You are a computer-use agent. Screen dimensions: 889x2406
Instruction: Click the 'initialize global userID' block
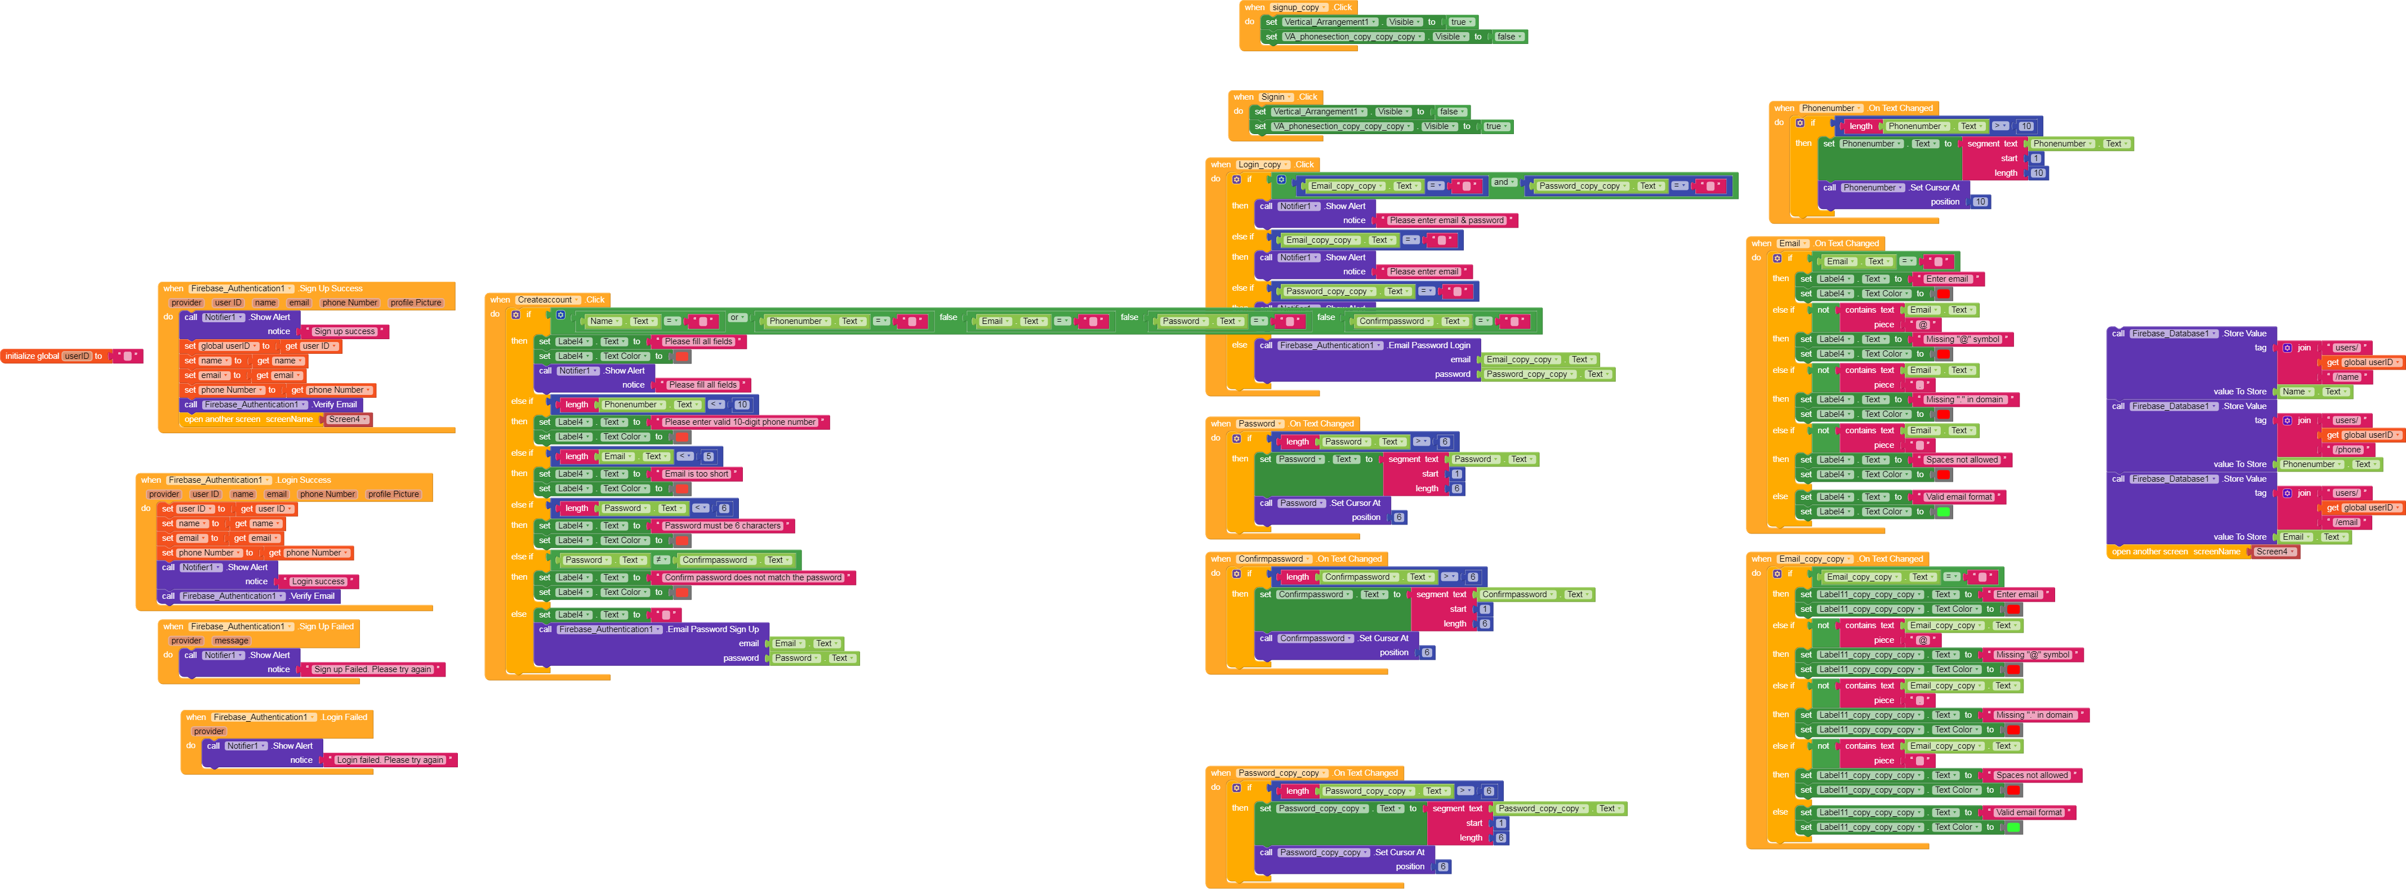(33, 356)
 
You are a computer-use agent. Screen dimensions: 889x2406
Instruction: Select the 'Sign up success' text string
(344, 331)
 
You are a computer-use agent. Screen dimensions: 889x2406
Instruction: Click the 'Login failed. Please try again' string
(390, 760)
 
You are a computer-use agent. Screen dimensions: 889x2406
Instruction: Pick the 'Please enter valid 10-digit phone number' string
(739, 422)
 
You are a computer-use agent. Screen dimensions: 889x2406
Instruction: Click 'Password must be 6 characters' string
(722, 526)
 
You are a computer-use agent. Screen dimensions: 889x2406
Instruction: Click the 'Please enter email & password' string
(1446, 220)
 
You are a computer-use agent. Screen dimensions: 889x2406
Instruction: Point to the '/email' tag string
(2347, 523)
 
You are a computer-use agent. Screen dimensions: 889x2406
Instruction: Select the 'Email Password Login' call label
(1428, 345)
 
